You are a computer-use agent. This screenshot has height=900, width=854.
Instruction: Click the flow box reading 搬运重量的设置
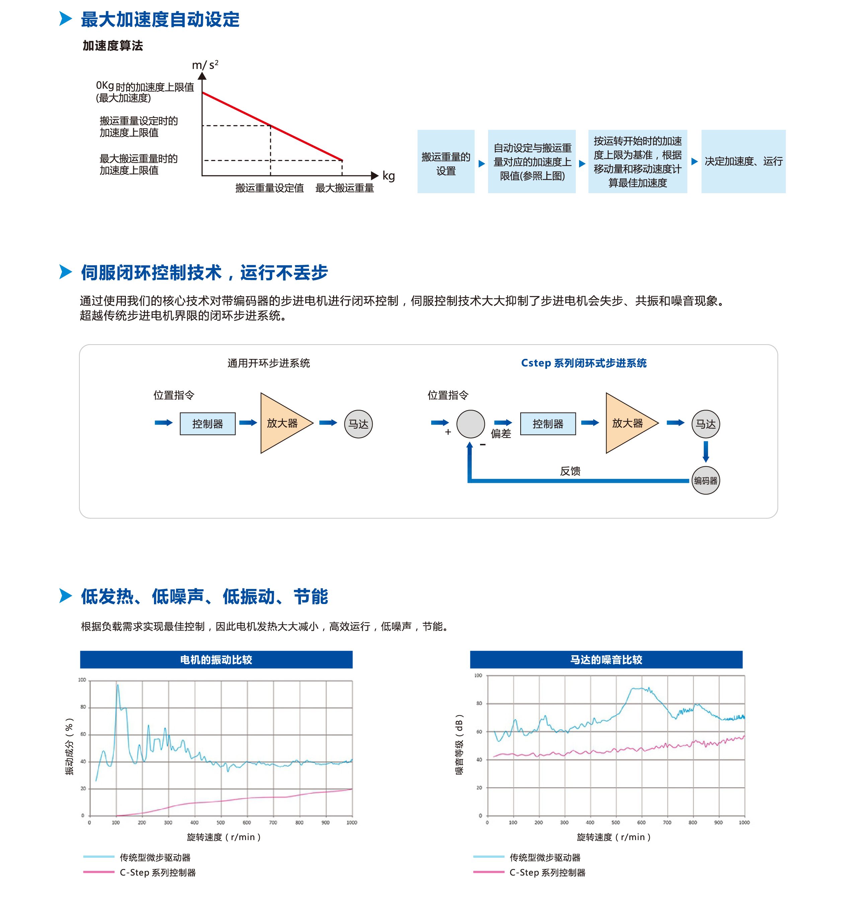pyautogui.click(x=446, y=162)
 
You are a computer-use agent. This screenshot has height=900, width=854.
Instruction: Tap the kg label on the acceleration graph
pyautogui.click(x=388, y=176)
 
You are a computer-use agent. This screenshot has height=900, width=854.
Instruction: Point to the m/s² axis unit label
pyautogui.click(x=205, y=65)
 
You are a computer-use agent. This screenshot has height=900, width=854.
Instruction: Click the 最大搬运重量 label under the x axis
pyautogui.click(x=344, y=188)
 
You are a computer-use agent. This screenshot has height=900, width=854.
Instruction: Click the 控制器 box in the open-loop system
pyautogui.click(x=208, y=424)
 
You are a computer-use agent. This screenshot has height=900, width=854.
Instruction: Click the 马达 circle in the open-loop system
pyautogui.click(x=358, y=424)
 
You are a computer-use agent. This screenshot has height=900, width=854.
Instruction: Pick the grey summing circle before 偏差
pyautogui.click(x=470, y=424)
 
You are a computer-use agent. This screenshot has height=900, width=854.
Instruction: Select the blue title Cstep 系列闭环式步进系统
pyautogui.click(x=584, y=363)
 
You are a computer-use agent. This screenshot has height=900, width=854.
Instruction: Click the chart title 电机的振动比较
pyautogui.click(x=216, y=660)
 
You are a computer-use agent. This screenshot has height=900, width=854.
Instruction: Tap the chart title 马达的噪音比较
pyautogui.click(x=606, y=660)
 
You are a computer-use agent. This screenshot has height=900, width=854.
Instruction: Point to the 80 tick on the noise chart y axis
pyautogui.click(x=479, y=703)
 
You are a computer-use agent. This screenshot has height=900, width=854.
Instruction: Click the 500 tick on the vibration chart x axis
pyautogui.click(x=221, y=823)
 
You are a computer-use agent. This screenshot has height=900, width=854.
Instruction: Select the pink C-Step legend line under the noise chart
pyautogui.click(x=488, y=872)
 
